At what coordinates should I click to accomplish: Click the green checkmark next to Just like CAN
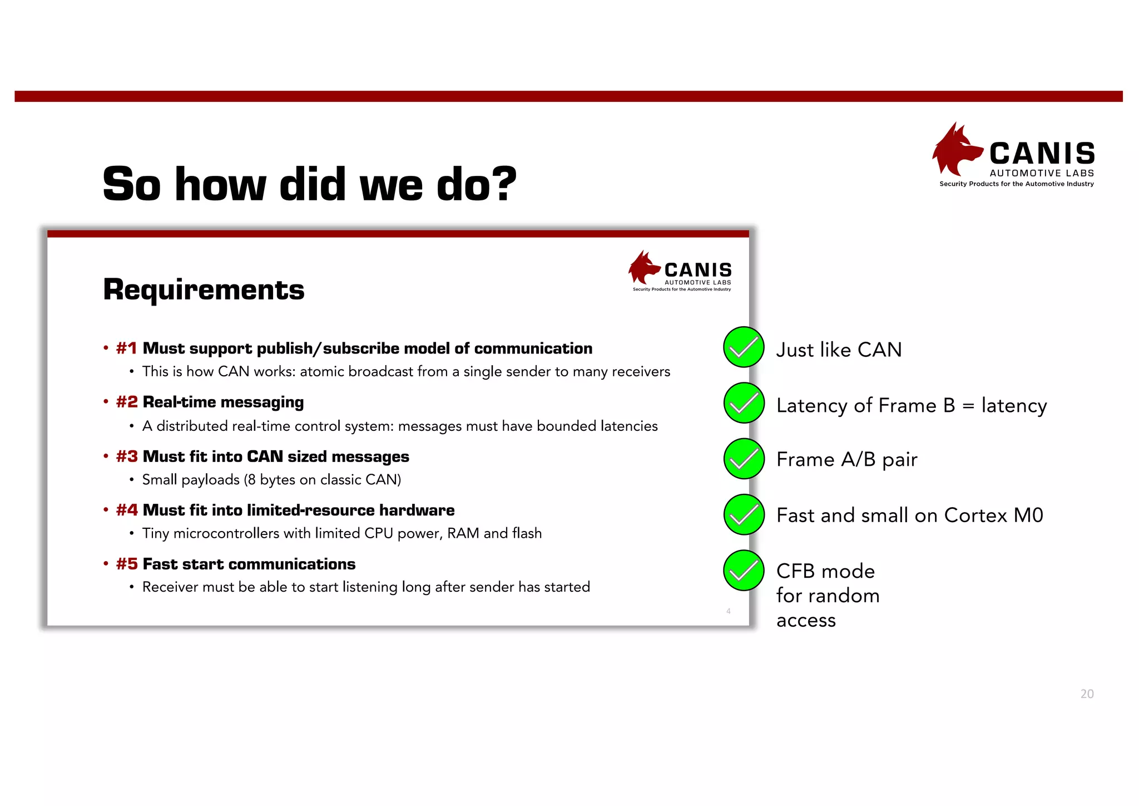click(744, 347)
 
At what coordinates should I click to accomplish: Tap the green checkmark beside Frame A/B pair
click(744, 459)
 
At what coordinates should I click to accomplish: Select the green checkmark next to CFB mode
click(744, 570)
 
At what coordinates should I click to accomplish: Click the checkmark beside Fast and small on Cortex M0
click(744, 514)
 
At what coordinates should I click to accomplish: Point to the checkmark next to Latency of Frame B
click(744, 403)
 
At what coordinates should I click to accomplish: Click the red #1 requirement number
click(126, 348)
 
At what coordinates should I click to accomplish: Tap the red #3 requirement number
click(126, 456)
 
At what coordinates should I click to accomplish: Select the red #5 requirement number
click(126, 564)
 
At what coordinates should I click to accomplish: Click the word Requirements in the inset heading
click(204, 289)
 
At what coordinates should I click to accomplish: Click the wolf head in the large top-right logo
click(955, 149)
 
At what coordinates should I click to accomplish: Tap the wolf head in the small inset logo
click(643, 268)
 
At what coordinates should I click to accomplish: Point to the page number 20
click(1087, 694)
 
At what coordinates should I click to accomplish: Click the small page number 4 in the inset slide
click(728, 611)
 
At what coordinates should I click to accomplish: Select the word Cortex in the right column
click(975, 515)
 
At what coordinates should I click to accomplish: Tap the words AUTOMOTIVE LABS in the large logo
click(1042, 173)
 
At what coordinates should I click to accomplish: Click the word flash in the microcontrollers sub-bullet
click(527, 533)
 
